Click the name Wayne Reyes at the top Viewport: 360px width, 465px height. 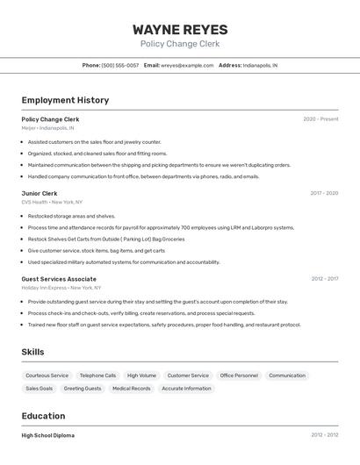tap(180, 29)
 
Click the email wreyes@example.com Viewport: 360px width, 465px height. tap(187, 65)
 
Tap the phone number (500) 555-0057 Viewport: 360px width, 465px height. tap(119, 65)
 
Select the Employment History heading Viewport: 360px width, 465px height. tap(65, 100)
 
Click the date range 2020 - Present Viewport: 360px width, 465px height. tap(320, 118)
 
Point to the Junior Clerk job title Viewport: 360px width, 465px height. tap(40, 193)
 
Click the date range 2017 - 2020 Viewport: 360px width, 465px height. tap(324, 193)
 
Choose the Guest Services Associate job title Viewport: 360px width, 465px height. tap(59, 279)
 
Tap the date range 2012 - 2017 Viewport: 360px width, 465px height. tap(324, 279)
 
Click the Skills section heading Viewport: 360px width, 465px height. tap(33, 352)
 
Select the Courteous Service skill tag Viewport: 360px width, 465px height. tap(47, 376)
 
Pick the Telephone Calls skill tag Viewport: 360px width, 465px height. tap(97, 376)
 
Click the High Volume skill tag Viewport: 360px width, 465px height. tap(141, 376)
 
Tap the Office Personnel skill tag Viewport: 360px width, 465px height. tap(239, 376)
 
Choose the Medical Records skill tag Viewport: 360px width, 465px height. tap(132, 388)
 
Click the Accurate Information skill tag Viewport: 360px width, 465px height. tap(186, 388)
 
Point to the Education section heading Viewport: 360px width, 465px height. tap(43, 416)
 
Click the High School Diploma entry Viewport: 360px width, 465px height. tap(48, 435)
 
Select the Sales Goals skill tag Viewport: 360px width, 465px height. tap(39, 388)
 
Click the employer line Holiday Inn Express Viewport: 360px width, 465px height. tap(44, 287)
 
